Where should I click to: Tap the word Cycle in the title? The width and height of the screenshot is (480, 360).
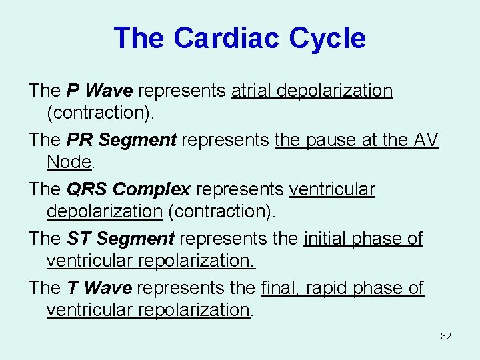327,38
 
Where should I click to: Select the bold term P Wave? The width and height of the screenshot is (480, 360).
99,91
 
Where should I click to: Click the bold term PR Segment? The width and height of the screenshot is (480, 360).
121,140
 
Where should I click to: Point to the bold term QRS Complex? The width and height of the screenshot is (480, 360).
129,189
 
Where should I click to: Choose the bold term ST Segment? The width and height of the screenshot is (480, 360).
121,239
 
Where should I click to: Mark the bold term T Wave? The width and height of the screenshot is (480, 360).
99,288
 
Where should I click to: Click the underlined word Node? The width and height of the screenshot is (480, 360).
69,162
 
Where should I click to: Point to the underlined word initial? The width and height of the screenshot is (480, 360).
326,239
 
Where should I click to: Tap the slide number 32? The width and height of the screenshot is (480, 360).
446,336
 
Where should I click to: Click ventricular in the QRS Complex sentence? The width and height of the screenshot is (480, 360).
332,189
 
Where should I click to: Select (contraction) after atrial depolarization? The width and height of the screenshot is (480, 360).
101,113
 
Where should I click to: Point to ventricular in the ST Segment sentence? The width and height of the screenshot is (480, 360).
90,261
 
